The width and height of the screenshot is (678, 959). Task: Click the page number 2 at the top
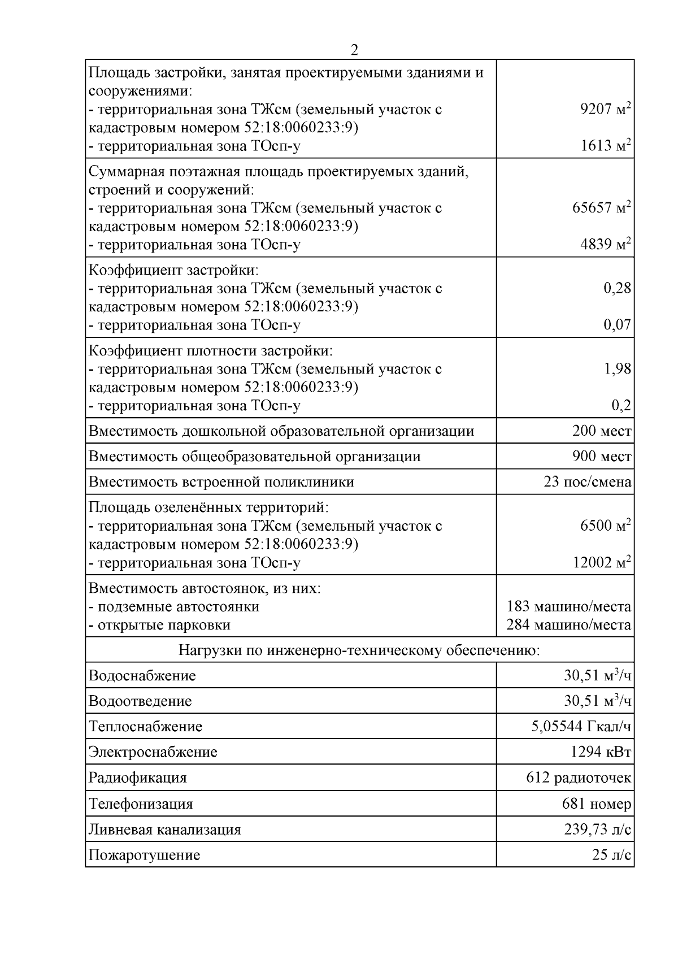354,50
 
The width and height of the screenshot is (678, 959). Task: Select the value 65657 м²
601,207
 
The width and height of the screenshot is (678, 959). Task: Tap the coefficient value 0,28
617,288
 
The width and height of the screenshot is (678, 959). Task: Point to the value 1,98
617,369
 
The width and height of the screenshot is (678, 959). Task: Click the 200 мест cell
601,432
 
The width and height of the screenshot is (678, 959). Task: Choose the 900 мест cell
601,456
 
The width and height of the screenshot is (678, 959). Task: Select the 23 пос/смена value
587,482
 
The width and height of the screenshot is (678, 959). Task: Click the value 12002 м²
601,562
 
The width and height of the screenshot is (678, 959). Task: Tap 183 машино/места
568,607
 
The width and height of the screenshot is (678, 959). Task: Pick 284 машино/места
568,625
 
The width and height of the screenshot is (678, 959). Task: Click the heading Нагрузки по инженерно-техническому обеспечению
359,650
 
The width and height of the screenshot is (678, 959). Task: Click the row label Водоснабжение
142,676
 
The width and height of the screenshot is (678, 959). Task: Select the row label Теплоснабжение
145,727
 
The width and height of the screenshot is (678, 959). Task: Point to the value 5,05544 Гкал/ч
581,726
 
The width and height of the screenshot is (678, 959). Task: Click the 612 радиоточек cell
579,778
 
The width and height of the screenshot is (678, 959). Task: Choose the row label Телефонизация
141,804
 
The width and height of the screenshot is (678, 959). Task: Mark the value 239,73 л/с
597,830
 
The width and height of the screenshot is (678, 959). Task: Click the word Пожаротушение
144,855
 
